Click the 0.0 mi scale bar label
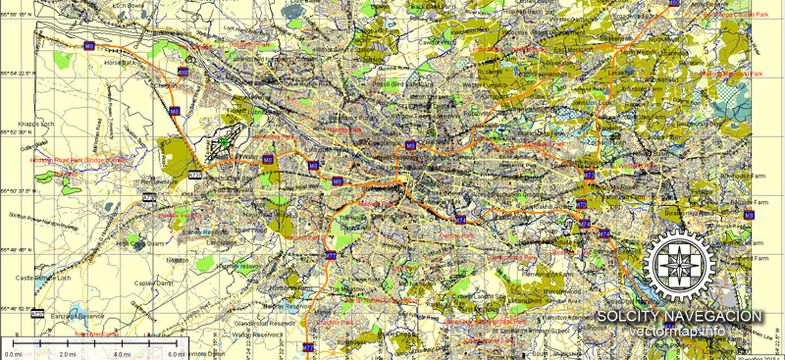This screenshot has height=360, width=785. point(13,353)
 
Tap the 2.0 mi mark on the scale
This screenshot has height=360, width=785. point(68,353)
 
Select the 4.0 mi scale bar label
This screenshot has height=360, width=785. point(122,353)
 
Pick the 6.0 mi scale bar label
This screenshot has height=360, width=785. point(176,353)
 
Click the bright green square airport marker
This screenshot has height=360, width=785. point(224,143)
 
